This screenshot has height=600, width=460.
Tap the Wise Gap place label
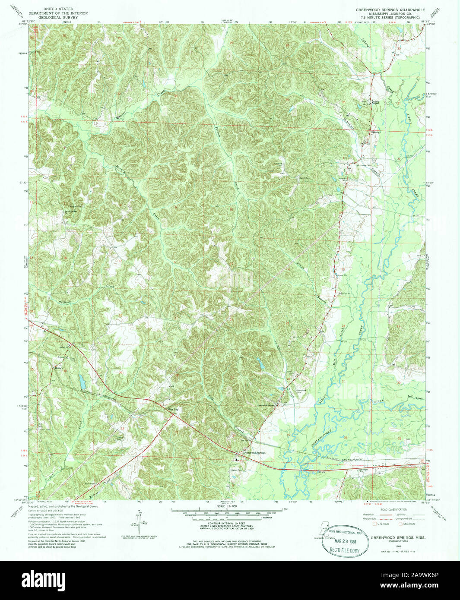click(173, 410)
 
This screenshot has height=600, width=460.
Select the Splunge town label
click(375, 132)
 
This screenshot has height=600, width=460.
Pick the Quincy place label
click(59, 368)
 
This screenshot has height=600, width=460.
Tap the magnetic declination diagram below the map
click(138, 524)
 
